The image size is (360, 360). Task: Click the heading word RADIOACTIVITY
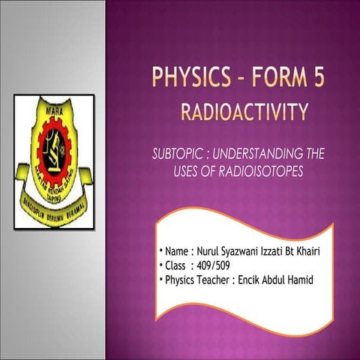point(244,113)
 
